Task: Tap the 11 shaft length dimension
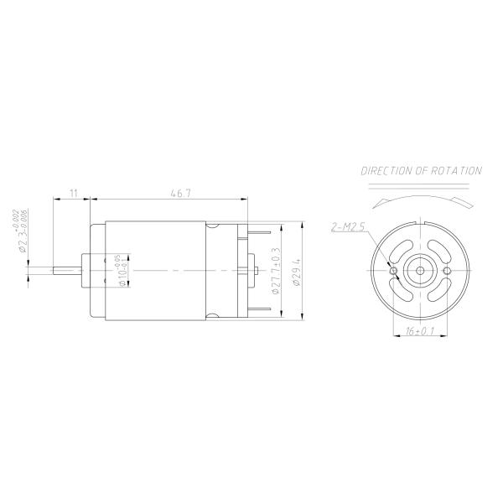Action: [73, 194]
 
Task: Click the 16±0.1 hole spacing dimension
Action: [419, 333]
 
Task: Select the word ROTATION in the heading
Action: [459, 170]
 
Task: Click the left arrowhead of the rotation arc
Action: [382, 202]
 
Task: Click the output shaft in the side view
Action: [65, 271]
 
